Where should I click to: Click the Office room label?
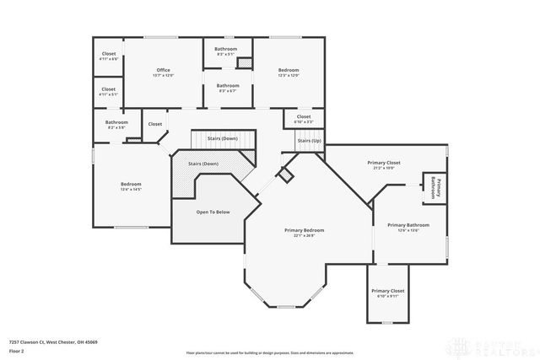164,70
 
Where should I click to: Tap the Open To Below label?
213,212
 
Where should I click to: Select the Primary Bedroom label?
305,230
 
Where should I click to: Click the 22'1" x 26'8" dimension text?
305,236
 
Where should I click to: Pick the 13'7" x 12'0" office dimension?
164,76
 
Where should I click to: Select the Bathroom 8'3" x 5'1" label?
226,51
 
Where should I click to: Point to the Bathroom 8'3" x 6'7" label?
228,88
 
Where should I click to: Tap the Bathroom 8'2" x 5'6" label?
116,124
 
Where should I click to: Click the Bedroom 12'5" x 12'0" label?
289,73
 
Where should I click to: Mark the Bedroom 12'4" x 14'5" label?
131,186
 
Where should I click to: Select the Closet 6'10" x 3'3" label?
304,119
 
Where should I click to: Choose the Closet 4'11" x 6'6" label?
109,56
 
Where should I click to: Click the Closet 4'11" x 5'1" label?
109,91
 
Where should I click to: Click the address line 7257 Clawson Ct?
53,341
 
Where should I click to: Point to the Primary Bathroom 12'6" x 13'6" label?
408,228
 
